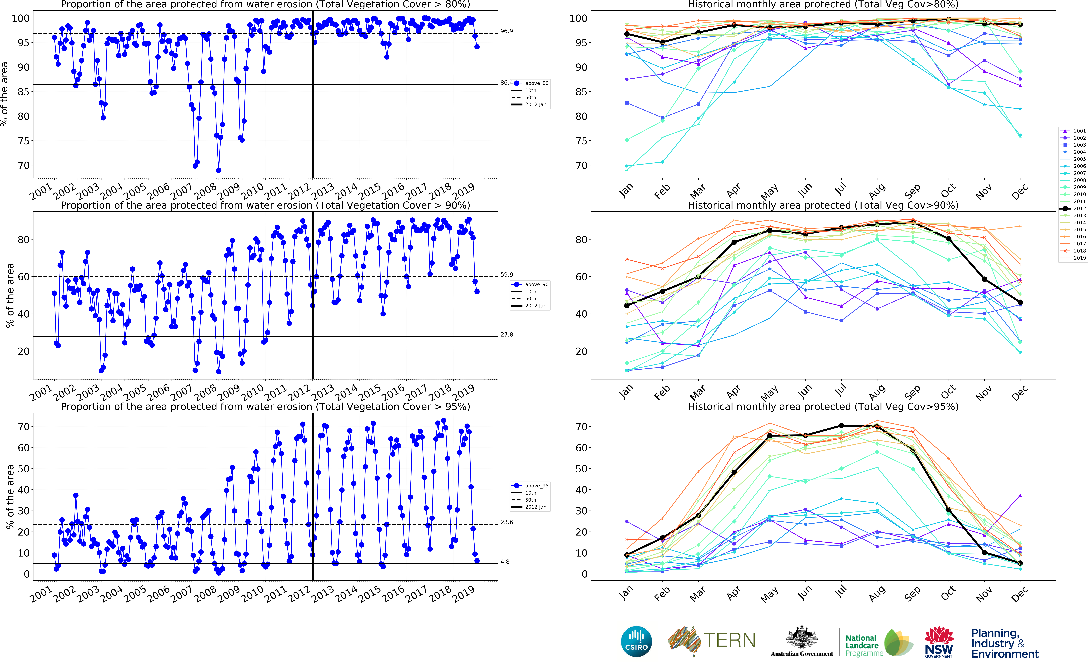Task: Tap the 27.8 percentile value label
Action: tap(507, 335)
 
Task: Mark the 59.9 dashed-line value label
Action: tap(507, 275)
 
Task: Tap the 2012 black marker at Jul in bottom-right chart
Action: tap(841, 426)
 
